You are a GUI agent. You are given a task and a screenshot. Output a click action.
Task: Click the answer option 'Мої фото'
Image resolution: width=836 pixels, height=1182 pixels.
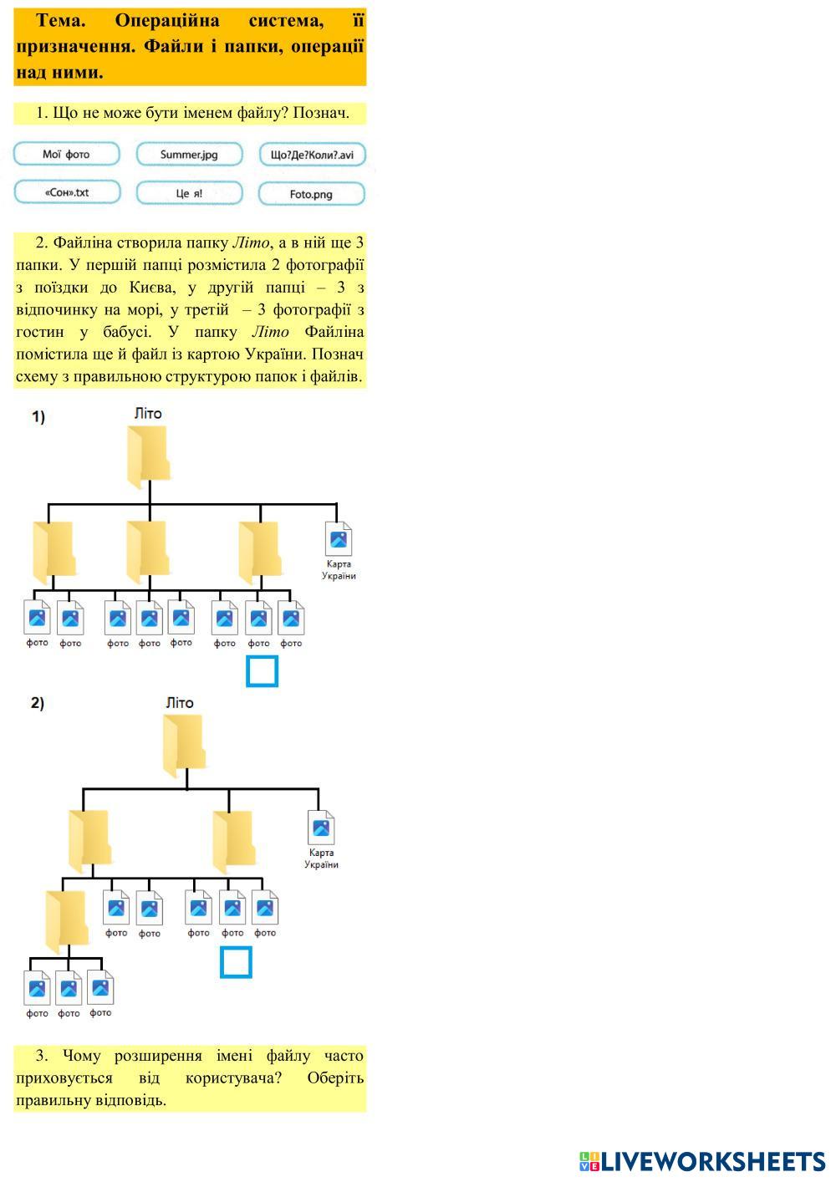(x=67, y=155)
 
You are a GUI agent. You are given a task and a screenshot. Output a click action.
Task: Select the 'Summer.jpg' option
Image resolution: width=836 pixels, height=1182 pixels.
(x=189, y=155)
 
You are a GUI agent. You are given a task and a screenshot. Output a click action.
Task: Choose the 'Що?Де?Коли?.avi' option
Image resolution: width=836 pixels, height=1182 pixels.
(x=312, y=155)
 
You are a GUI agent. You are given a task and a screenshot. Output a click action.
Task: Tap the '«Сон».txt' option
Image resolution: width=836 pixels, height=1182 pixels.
(x=67, y=193)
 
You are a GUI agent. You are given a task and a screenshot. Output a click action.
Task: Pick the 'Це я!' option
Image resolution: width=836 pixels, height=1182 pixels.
(x=189, y=193)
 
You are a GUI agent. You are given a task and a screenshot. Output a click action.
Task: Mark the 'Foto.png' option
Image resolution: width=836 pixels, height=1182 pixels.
(x=312, y=194)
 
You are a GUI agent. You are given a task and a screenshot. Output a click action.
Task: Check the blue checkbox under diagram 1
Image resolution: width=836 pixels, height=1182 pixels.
(x=262, y=671)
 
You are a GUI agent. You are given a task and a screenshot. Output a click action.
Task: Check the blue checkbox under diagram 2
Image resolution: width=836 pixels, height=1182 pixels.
(x=236, y=961)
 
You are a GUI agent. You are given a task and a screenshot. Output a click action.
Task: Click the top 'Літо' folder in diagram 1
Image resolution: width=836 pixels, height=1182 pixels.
(x=148, y=456)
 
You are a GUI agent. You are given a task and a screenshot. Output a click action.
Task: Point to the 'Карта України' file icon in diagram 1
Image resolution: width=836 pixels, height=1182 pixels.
(x=339, y=539)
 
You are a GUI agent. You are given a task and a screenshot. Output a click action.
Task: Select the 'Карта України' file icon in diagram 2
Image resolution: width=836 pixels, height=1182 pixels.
(x=321, y=828)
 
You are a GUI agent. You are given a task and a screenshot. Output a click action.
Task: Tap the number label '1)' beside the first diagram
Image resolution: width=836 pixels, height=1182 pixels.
(x=38, y=416)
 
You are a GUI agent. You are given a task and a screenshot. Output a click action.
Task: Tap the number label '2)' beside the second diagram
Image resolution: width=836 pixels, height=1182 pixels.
(x=38, y=703)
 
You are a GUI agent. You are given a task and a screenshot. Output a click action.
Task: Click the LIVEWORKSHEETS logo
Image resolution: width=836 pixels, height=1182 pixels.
(x=701, y=1161)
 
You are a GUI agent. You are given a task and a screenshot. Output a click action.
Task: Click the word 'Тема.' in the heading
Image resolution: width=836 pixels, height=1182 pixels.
(x=61, y=20)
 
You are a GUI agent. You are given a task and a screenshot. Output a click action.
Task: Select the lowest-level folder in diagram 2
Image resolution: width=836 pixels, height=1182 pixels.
(x=66, y=921)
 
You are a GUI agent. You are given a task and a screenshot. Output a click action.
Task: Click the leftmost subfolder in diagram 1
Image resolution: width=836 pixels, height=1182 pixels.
(x=54, y=552)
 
